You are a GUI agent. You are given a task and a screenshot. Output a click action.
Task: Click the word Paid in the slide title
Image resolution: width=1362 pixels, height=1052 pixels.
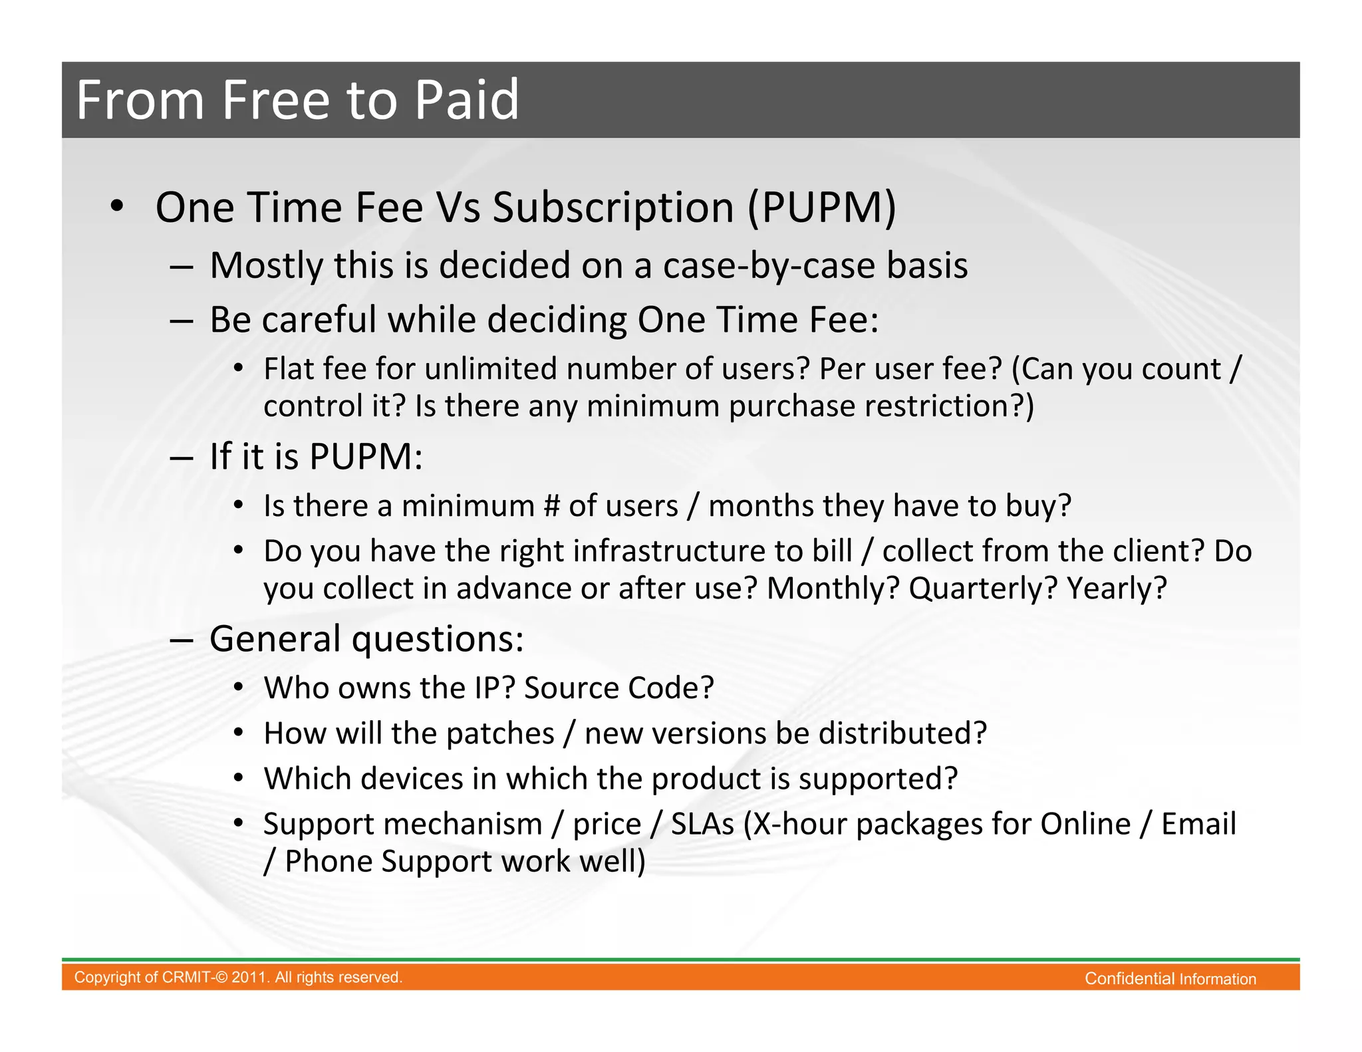click(x=466, y=100)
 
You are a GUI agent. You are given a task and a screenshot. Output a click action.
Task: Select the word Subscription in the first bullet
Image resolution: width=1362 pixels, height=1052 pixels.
click(x=613, y=207)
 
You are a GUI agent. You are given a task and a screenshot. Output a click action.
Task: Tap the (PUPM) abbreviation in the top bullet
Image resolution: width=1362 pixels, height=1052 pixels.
click(x=822, y=207)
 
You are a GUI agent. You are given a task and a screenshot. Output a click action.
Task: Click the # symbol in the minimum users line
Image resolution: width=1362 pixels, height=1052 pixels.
click(x=551, y=506)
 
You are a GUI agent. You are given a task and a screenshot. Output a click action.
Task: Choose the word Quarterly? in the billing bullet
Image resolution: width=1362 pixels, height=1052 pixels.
click(x=982, y=589)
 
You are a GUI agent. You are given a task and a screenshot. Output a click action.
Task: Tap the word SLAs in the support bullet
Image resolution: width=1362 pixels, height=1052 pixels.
click(x=702, y=824)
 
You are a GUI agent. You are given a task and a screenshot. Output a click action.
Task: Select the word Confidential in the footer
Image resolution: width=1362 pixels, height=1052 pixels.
click(x=1129, y=979)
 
